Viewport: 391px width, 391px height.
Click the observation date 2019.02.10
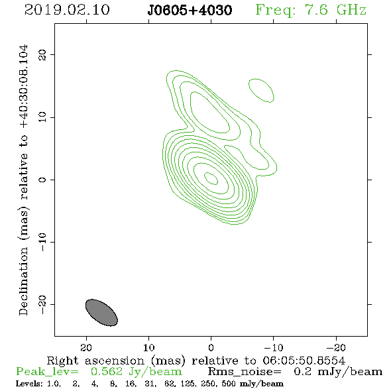pyautogui.click(x=67, y=10)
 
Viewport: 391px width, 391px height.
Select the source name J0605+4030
pyautogui.click(x=190, y=10)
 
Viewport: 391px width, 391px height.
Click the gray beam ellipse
pyautogui.click(x=101, y=312)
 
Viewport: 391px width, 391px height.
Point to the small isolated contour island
pyautogui.click(x=261, y=90)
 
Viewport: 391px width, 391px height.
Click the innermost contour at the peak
pyautogui.click(x=211, y=178)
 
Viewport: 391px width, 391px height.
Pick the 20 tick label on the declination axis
pyautogui.click(x=42, y=55)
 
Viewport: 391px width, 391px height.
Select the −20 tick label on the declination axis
pyautogui.click(x=42, y=304)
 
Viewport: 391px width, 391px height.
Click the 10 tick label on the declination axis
pyautogui.click(x=42, y=117)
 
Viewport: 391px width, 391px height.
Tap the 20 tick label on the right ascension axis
pyautogui.click(x=86, y=347)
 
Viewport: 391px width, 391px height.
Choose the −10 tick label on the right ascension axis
pyautogui.click(x=274, y=347)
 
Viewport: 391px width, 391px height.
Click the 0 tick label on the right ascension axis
pyautogui.click(x=211, y=347)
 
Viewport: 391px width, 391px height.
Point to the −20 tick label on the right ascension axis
pyautogui.click(x=336, y=347)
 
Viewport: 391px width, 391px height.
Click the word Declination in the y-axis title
pyautogui.click(x=23, y=282)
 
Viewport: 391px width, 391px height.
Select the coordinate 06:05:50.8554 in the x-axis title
pyautogui.click(x=304, y=361)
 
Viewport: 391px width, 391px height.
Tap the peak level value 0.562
pyautogui.click(x=107, y=372)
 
